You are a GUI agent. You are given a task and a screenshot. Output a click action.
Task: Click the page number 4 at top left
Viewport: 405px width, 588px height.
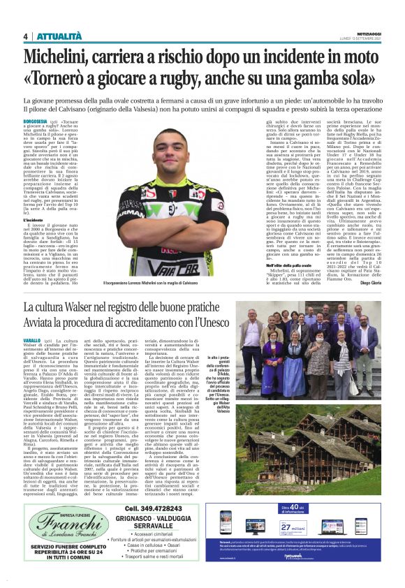(25, 36)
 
